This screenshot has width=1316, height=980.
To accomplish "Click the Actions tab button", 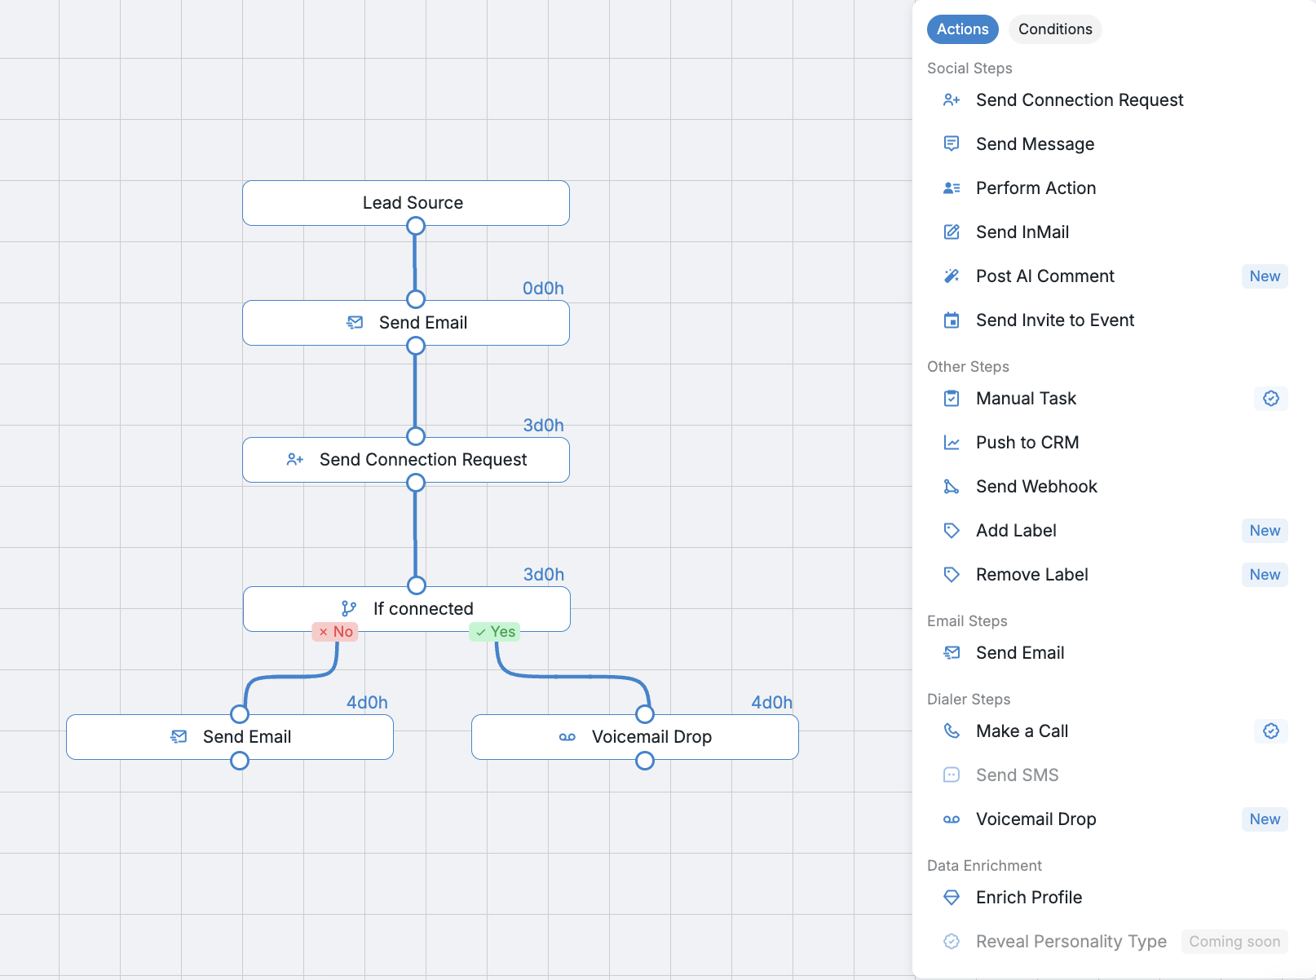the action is pyautogui.click(x=962, y=29).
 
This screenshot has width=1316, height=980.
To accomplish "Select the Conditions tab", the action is pyautogui.click(x=1055, y=29).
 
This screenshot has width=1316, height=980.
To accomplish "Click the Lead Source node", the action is pyautogui.click(x=406, y=203).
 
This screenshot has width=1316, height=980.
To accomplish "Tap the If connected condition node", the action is pyautogui.click(x=406, y=609).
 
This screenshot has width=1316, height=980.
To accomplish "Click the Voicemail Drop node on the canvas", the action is pyautogui.click(x=635, y=737).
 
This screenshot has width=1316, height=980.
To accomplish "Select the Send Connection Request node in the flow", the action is pyautogui.click(x=406, y=460).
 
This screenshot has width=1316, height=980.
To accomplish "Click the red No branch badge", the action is pyautogui.click(x=335, y=632).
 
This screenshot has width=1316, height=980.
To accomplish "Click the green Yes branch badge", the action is pyautogui.click(x=495, y=632).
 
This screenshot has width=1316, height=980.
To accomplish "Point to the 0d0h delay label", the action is pyautogui.click(x=543, y=289).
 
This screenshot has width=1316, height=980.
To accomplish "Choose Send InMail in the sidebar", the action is pyautogui.click(x=1022, y=232).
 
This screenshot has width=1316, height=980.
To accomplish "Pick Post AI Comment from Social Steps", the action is pyautogui.click(x=1044, y=276).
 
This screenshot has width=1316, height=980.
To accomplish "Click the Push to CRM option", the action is pyautogui.click(x=1027, y=443).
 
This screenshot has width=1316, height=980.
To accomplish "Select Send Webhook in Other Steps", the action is pyautogui.click(x=1036, y=487).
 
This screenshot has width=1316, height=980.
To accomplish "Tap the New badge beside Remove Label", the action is pyautogui.click(x=1265, y=575).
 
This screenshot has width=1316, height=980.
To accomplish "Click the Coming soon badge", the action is pyautogui.click(x=1234, y=942).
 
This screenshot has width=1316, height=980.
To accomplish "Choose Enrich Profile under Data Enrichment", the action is pyautogui.click(x=1029, y=898).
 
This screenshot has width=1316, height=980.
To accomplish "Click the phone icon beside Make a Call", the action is pyautogui.click(x=951, y=731).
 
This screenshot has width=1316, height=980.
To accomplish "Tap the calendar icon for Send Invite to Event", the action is pyautogui.click(x=951, y=320).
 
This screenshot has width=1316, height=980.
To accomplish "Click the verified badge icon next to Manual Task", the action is pyautogui.click(x=1271, y=399).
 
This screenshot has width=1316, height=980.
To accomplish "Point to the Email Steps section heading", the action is pyautogui.click(x=967, y=621).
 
